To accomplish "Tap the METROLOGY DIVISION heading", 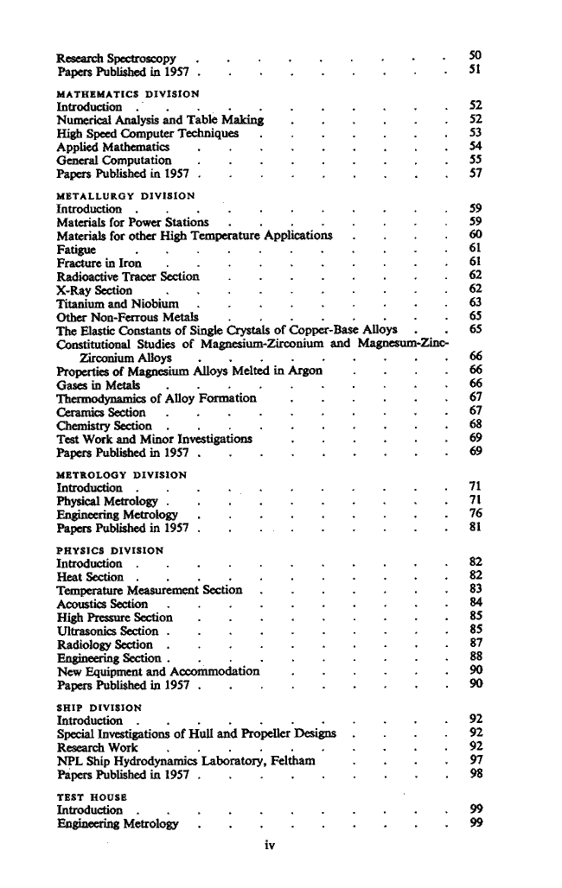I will (x=122, y=474).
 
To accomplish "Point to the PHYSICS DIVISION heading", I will (x=110, y=550).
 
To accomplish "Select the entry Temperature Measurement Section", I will (x=149, y=590).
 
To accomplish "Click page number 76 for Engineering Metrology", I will (x=475, y=515).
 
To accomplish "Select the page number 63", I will (x=475, y=303).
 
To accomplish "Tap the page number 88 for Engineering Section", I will (x=475, y=657).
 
